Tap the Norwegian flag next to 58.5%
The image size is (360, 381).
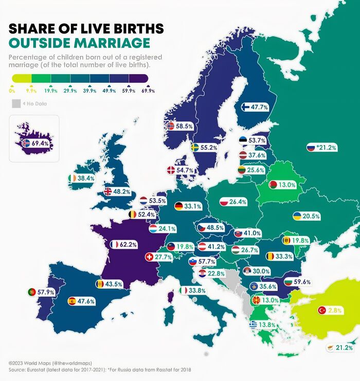point(171,125)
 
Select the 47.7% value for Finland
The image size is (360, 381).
point(259,107)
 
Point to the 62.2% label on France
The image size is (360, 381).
point(128,245)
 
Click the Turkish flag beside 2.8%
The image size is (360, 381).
point(322,310)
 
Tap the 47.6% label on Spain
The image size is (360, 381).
point(86,301)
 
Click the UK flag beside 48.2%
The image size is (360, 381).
point(108,191)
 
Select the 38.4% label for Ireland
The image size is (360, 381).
point(86,178)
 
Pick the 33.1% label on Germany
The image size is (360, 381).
point(193,206)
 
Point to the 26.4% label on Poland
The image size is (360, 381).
point(238,202)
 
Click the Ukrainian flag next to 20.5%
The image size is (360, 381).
point(297,216)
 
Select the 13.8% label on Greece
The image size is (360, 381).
point(267,325)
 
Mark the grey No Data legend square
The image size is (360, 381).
point(16,104)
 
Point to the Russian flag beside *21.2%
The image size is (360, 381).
point(310,147)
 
